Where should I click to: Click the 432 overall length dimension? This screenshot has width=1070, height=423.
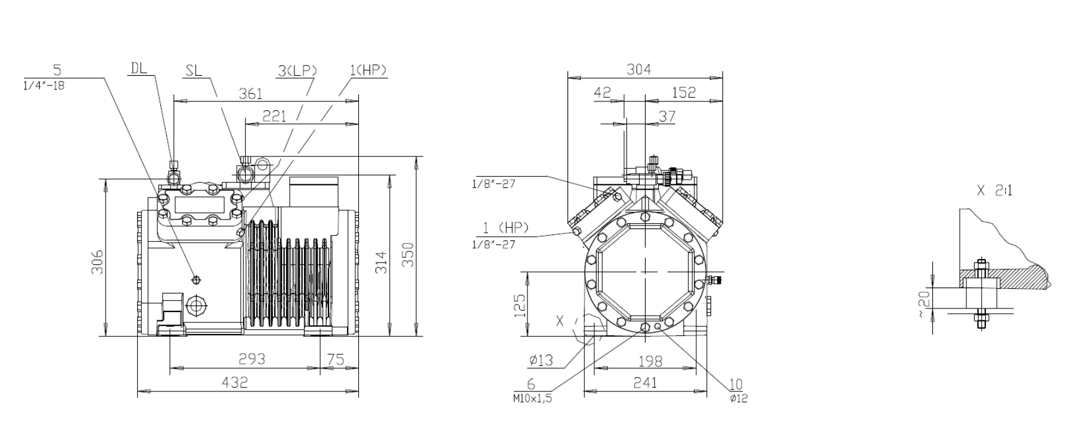[x=234, y=382]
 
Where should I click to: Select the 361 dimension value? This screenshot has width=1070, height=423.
[x=250, y=94]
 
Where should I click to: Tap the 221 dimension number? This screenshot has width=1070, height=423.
[x=274, y=116]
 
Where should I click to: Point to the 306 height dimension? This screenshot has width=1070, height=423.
[x=97, y=262]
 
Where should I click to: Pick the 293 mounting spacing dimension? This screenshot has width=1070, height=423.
[x=252, y=359]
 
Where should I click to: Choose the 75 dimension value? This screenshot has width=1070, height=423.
[x=336, y=359]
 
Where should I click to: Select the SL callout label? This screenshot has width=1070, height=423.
[x=194, y=70]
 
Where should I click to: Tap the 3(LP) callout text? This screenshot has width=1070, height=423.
[x=297, y=70]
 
